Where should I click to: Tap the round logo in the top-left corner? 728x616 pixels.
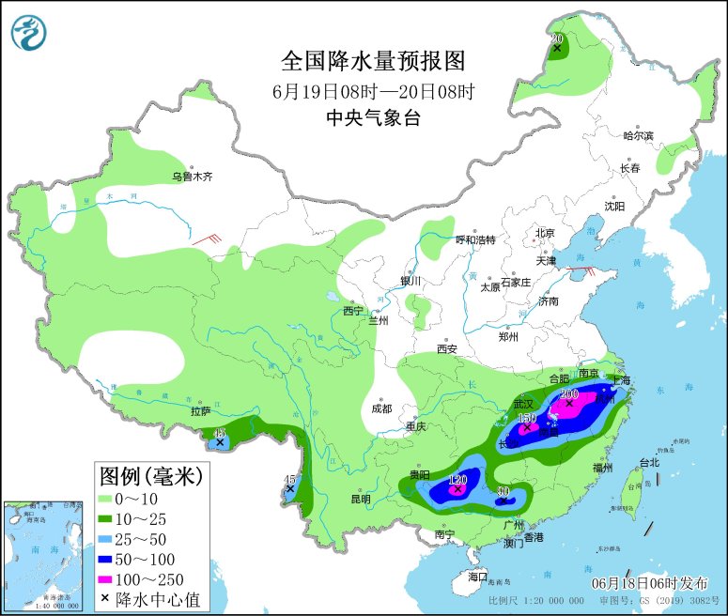[29, 34]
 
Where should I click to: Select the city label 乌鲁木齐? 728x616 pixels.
[192, 176]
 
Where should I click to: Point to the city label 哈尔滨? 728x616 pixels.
[638, 135]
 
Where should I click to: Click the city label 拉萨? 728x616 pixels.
[200, 410]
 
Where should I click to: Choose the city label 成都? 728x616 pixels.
[380, 408]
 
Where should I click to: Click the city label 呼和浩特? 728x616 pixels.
[474, 239]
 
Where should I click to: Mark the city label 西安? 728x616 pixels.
[446, 349]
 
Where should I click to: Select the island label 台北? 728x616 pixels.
[649, 462]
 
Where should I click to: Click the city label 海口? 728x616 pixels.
[478, 575]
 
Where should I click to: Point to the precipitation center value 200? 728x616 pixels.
[569, 394]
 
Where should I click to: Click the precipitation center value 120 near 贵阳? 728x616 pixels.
[457, 480]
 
